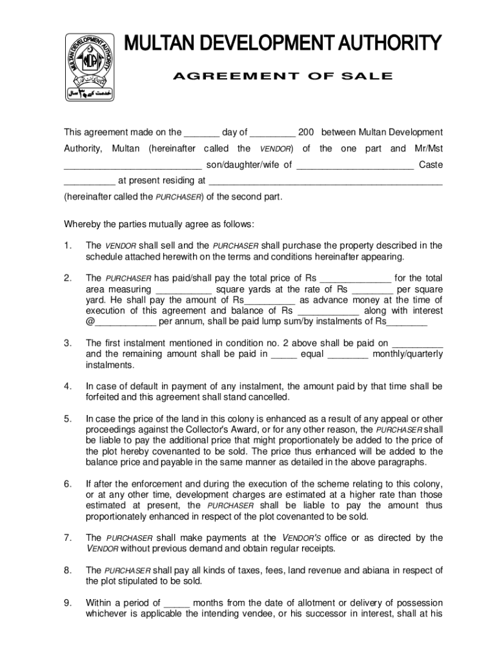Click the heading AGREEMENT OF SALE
282,76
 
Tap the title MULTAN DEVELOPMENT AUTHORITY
283,44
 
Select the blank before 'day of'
201,133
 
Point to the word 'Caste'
431,165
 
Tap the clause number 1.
67,246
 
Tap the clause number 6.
67,484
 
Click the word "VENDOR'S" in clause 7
302,538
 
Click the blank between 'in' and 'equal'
284,354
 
